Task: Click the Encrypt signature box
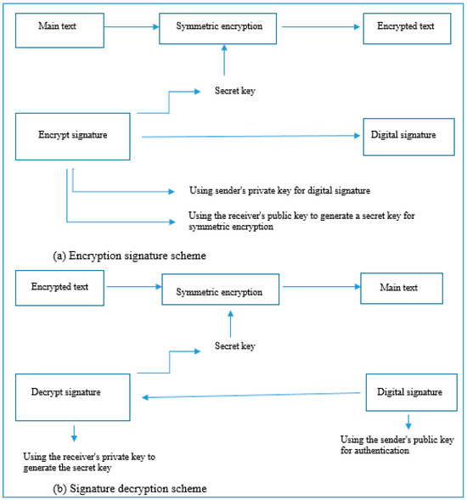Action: click(x=73, y=135)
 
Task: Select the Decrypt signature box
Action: click(x=73, y=392)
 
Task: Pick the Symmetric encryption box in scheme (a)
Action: click(x=219, y=27)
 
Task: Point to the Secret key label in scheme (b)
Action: click(x=235, y=346)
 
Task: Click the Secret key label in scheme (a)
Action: click(x=235, y=91)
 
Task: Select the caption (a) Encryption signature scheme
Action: click(x=128, y=254)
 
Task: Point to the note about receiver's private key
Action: click(x=89, y=462)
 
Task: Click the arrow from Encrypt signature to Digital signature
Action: click(x=246, y=136)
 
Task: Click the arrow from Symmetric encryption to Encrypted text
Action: click(x=319, y=27)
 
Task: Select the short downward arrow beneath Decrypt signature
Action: click(x=74, y=431)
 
